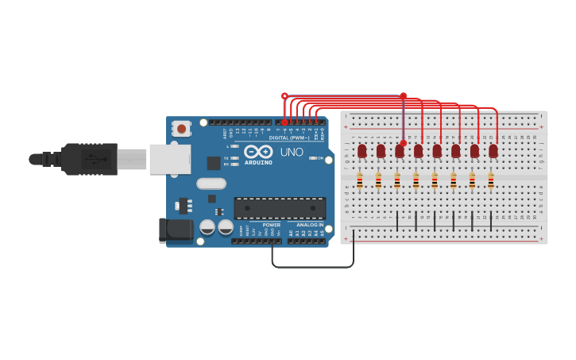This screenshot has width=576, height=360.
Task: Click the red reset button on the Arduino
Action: tap(182, 128)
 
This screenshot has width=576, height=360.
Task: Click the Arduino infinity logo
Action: tap(258, 151)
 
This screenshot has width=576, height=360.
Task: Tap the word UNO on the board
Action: tap(291, 152)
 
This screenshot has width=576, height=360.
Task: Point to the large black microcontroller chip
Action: tap(280, 208)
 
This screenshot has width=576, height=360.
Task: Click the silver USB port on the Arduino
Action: tap(169, 159)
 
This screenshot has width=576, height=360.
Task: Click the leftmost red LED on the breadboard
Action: tap(362, 150)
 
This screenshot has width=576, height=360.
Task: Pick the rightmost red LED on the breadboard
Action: tap(493, 150)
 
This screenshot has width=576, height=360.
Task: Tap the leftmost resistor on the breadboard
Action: tap(359, 182)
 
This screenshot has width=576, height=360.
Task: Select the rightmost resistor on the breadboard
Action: tap(491, 182)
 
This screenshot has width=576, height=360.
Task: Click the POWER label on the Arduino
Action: tap(272, 225)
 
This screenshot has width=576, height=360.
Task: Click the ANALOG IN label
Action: tap(309, 225)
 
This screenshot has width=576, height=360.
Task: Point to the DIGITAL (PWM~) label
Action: tap(289, 137)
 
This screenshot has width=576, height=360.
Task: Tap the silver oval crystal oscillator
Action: tap(211, 184)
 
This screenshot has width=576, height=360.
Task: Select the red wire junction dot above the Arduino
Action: tap(284, 96)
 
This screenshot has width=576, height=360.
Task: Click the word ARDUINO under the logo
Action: tap(258, 162)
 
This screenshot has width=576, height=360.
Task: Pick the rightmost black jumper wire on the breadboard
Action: tap(491, 221)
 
